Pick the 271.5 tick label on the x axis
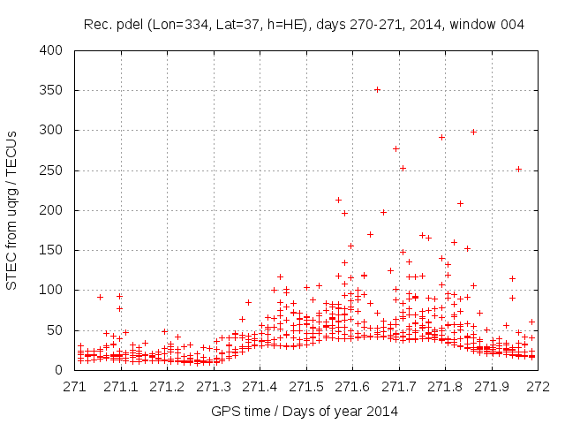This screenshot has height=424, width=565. [306, 387]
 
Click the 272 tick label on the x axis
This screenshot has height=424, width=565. [538, 387]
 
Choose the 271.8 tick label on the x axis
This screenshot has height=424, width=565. [445, 387]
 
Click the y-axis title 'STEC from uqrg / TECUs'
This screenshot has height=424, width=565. [11, 210]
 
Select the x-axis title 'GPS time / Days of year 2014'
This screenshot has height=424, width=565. [305, 411]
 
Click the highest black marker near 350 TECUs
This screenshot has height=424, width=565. [377, 89]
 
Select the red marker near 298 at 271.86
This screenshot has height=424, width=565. [473, 132]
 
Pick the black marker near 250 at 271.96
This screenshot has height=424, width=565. [519, 169]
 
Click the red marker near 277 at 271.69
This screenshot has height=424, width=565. [395, 148]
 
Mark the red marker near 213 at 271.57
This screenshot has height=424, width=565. [338, 200]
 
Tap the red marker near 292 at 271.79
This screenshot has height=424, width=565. [441, 137]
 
